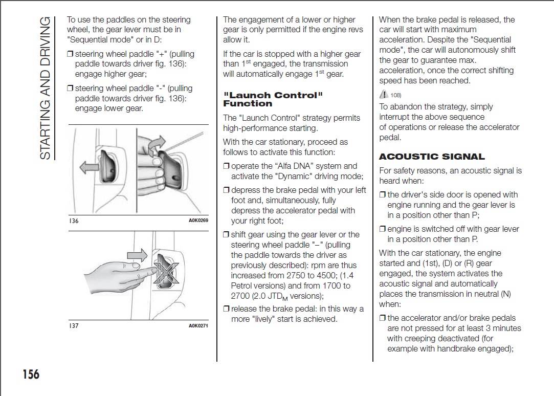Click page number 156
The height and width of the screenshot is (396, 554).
point(31,375)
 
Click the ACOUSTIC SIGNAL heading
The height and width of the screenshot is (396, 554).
point(432,157)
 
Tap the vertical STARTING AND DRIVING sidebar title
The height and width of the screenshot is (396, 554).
point(46,87)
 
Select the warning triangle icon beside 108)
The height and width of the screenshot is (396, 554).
point(384,94)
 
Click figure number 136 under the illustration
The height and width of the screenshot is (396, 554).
point(73,221)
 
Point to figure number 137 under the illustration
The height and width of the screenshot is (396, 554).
point(73,326)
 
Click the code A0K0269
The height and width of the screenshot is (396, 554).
point(198,221)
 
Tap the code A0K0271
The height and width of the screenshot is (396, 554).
point(198,326)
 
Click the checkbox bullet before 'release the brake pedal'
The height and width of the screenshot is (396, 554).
point(226,309)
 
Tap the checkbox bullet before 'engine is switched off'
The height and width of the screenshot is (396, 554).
point(383,229)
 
